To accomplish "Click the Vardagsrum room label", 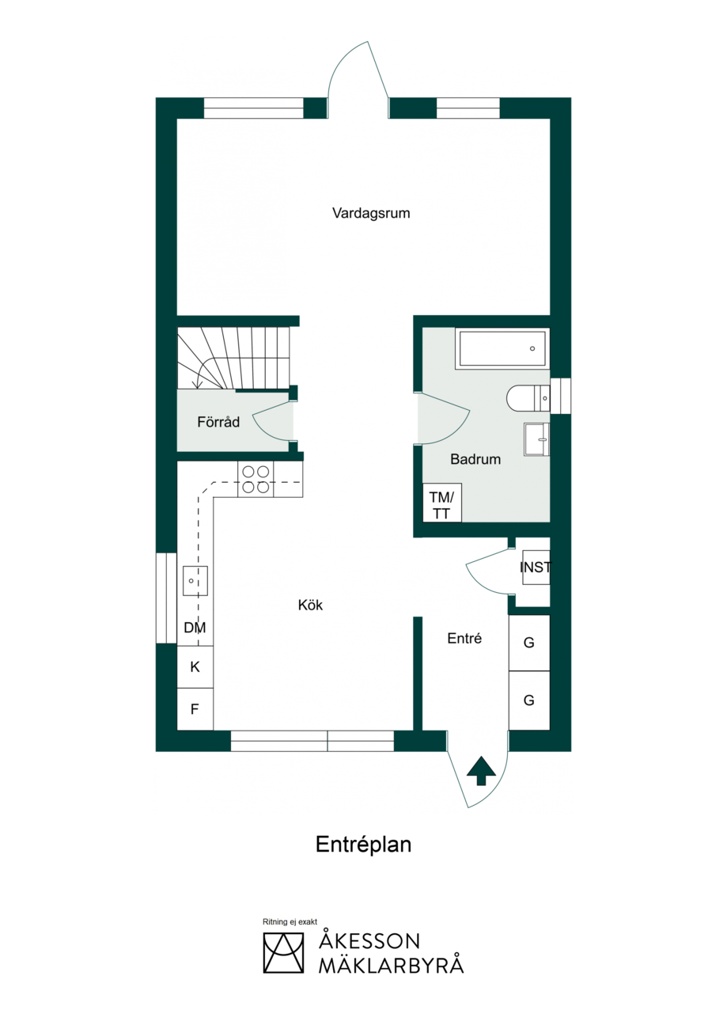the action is (371, 214).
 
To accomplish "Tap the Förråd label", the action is (218, 422).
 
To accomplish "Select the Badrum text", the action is (475, 459).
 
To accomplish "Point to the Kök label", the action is (310, 605).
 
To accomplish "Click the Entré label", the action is (464, 638).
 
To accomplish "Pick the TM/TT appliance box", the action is (442, 503).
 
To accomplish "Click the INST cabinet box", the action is (536, 568).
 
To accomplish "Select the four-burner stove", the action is (256, 479).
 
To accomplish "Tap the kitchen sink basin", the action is (195, 581).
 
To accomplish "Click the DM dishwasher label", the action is (195, 628).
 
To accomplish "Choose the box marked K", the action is (195, 667).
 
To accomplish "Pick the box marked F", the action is (195, 708).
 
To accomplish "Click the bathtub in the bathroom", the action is (502, 348).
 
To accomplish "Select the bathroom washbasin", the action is (536, 439).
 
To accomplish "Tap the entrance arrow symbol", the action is (481, 770).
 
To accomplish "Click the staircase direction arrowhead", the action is (199, 384).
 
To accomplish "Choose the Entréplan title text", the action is (364, 845).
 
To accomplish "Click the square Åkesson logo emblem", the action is (283, 953).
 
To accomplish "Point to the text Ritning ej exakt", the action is (290, 922).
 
